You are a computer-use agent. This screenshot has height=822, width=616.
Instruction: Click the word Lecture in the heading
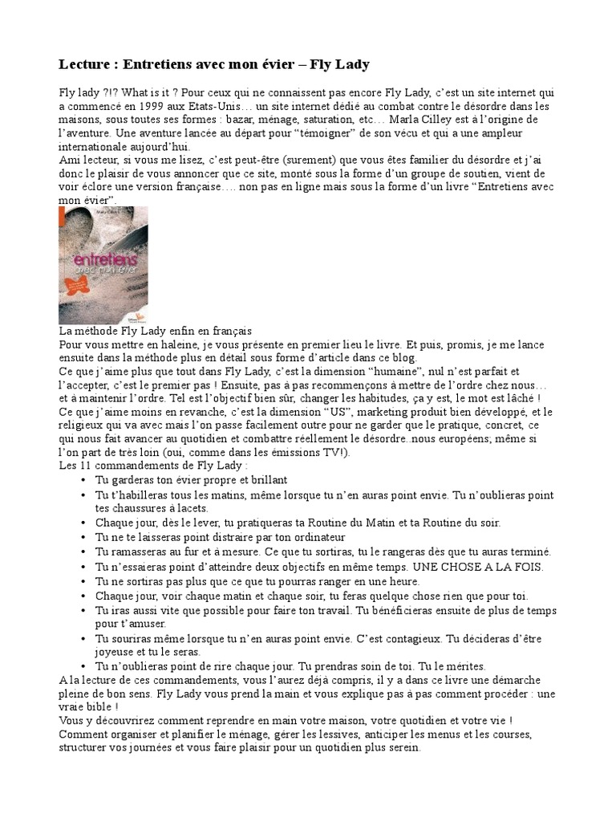point(85,63)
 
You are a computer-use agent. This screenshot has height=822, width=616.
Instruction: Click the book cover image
point(103,265)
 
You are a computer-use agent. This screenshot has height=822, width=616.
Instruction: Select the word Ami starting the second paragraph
point(70,161)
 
